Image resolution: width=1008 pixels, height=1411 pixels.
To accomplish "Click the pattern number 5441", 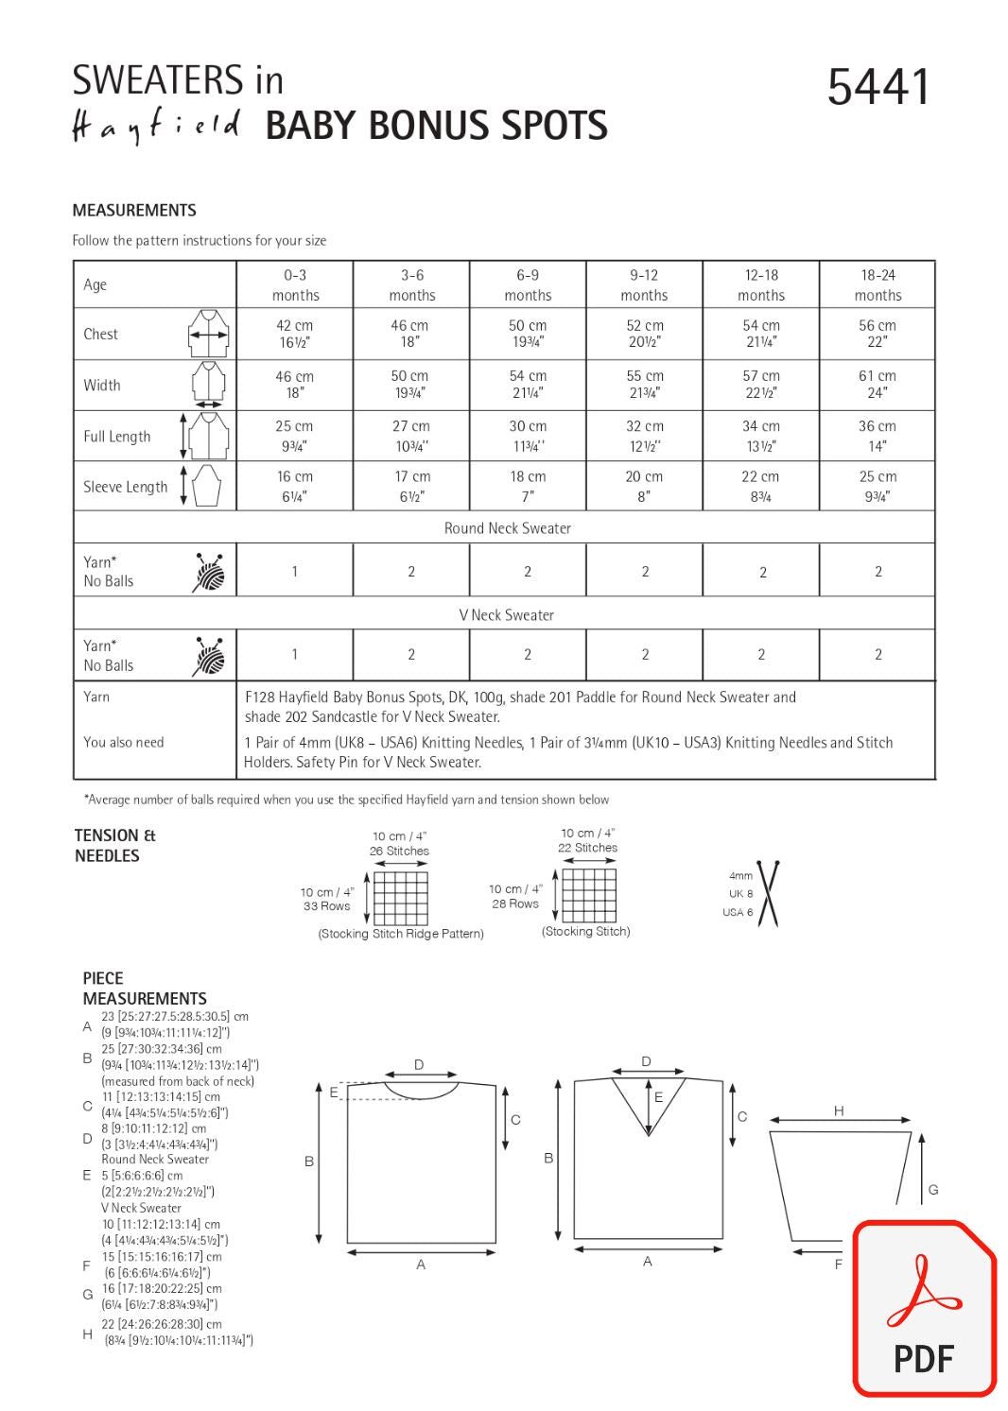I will pyautogui.click(x=878, y=87).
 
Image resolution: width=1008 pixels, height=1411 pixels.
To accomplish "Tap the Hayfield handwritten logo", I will pyautogui.click(x=156, y=127).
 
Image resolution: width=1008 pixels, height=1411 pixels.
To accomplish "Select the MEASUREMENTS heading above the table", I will pyautogui.click(x=134, y=210).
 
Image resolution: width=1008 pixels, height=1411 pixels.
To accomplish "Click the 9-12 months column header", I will pyautogui.click(x=644, y=284).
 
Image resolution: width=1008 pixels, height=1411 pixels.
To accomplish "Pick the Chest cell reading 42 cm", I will pyautogui.click(x=294, y=334).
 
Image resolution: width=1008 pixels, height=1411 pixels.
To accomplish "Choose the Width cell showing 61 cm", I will pyautogui.click(x=877, y=384).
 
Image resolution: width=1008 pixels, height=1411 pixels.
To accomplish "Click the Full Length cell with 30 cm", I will pyautogui.click(x=528, y=435).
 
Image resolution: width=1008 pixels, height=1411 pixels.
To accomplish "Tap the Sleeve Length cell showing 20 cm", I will pyautogui.click(x=644, y=486).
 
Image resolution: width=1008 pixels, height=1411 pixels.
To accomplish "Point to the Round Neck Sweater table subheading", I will pyautogui.click(x=507, y=528).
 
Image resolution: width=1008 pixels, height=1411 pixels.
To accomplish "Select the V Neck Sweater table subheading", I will pyautogui.click(x=507, y=614).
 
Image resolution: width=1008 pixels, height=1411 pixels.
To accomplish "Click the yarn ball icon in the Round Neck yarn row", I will pyautogui.click(x=210, y=571).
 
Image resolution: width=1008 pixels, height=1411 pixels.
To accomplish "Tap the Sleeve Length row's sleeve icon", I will pyautogui.click(x=205, y=486).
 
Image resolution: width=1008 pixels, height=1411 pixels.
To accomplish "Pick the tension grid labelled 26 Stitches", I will pyautogui.click(x=400, y=898).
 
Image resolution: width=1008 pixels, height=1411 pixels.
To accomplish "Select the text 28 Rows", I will pyautogui.click(x=514, y=903).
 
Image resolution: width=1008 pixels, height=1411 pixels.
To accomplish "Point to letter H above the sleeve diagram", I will pyautogui.click(x=839, y=1111).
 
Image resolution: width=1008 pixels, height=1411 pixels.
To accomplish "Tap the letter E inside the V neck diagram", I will pyautogui.click(x=658, y=1097).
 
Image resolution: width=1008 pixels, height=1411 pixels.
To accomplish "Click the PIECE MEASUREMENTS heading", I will pyautogui.click(x=144, y=989).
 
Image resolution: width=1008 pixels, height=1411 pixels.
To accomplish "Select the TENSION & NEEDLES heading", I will pyautogui.click(x=114, y=845).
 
